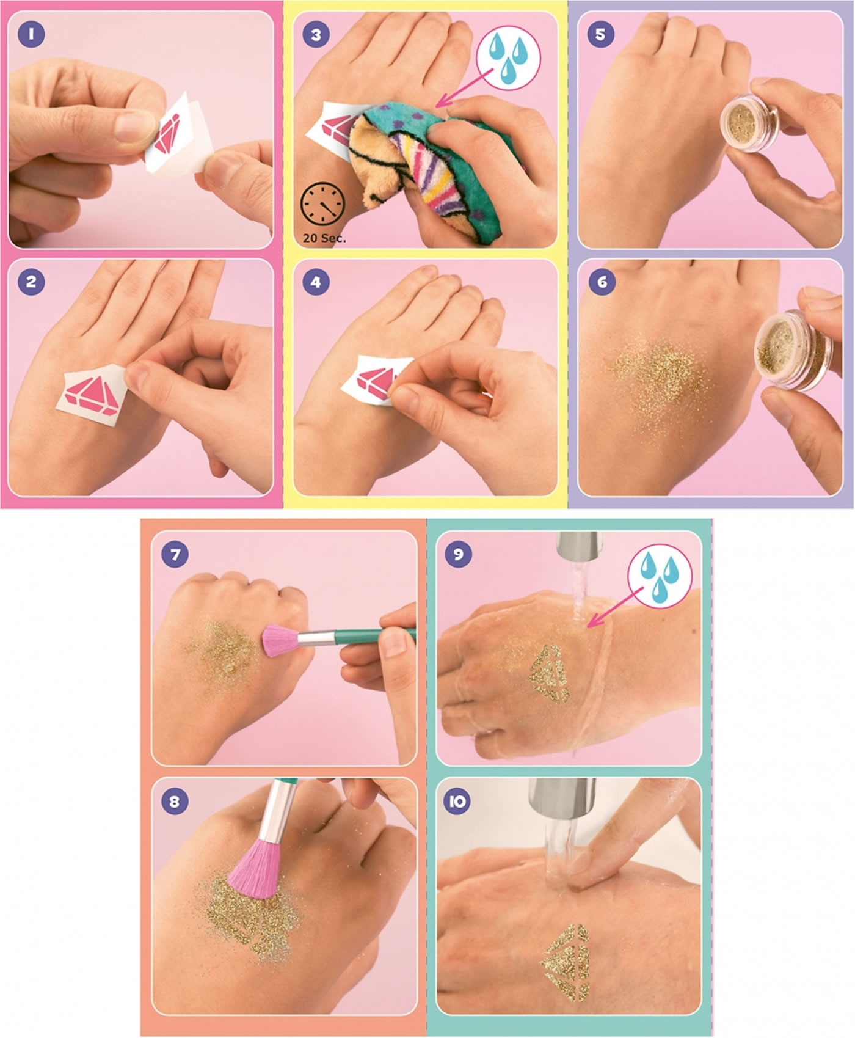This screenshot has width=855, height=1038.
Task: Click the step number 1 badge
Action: [x=31, y=34]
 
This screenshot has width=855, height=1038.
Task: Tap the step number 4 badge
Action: [x=316, y=282]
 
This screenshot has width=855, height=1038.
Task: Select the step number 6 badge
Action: [x=602, y=282]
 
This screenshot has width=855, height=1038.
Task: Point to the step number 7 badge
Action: [x=175, y=554]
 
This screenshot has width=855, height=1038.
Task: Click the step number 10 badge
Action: [x=459, y=801]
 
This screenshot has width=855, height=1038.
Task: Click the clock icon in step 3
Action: [x=322, y=203]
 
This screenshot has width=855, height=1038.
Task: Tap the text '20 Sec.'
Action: [x=324, y=238]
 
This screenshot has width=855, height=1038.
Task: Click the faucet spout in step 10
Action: [x=561, y=797]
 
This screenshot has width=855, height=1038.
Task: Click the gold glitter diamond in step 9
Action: [x=549, y=674]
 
